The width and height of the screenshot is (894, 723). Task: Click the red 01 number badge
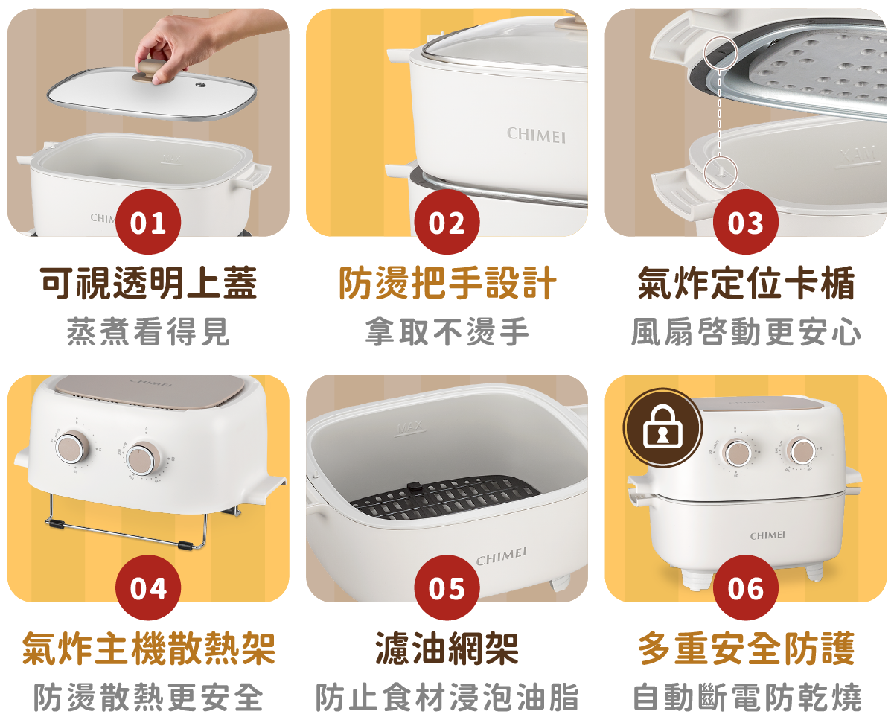coord(148,222)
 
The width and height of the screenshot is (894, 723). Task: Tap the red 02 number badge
coord(447,222)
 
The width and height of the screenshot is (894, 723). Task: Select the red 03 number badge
coord(745,222)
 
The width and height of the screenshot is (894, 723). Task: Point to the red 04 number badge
coord(148,587)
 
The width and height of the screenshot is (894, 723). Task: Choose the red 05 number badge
coord(447,587)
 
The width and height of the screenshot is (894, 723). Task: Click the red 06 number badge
coord(745,587)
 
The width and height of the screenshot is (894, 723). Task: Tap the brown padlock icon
coord(662,427)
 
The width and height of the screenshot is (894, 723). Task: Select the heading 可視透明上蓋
coord(148,283)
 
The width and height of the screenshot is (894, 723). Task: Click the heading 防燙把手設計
coord(447,283)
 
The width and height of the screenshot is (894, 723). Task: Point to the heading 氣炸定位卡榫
coord(746,283)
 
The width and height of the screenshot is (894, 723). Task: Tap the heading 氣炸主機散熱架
coord(149,649)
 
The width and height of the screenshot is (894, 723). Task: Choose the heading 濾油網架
coord(447,649)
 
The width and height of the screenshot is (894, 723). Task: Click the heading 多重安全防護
coord(746,649)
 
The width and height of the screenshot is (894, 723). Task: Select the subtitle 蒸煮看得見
coord(148,331)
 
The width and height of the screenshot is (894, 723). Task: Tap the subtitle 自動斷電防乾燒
coord(747,697)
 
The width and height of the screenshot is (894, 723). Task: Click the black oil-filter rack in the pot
coord(445,497)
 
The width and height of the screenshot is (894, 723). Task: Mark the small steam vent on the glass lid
coord(200,85)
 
